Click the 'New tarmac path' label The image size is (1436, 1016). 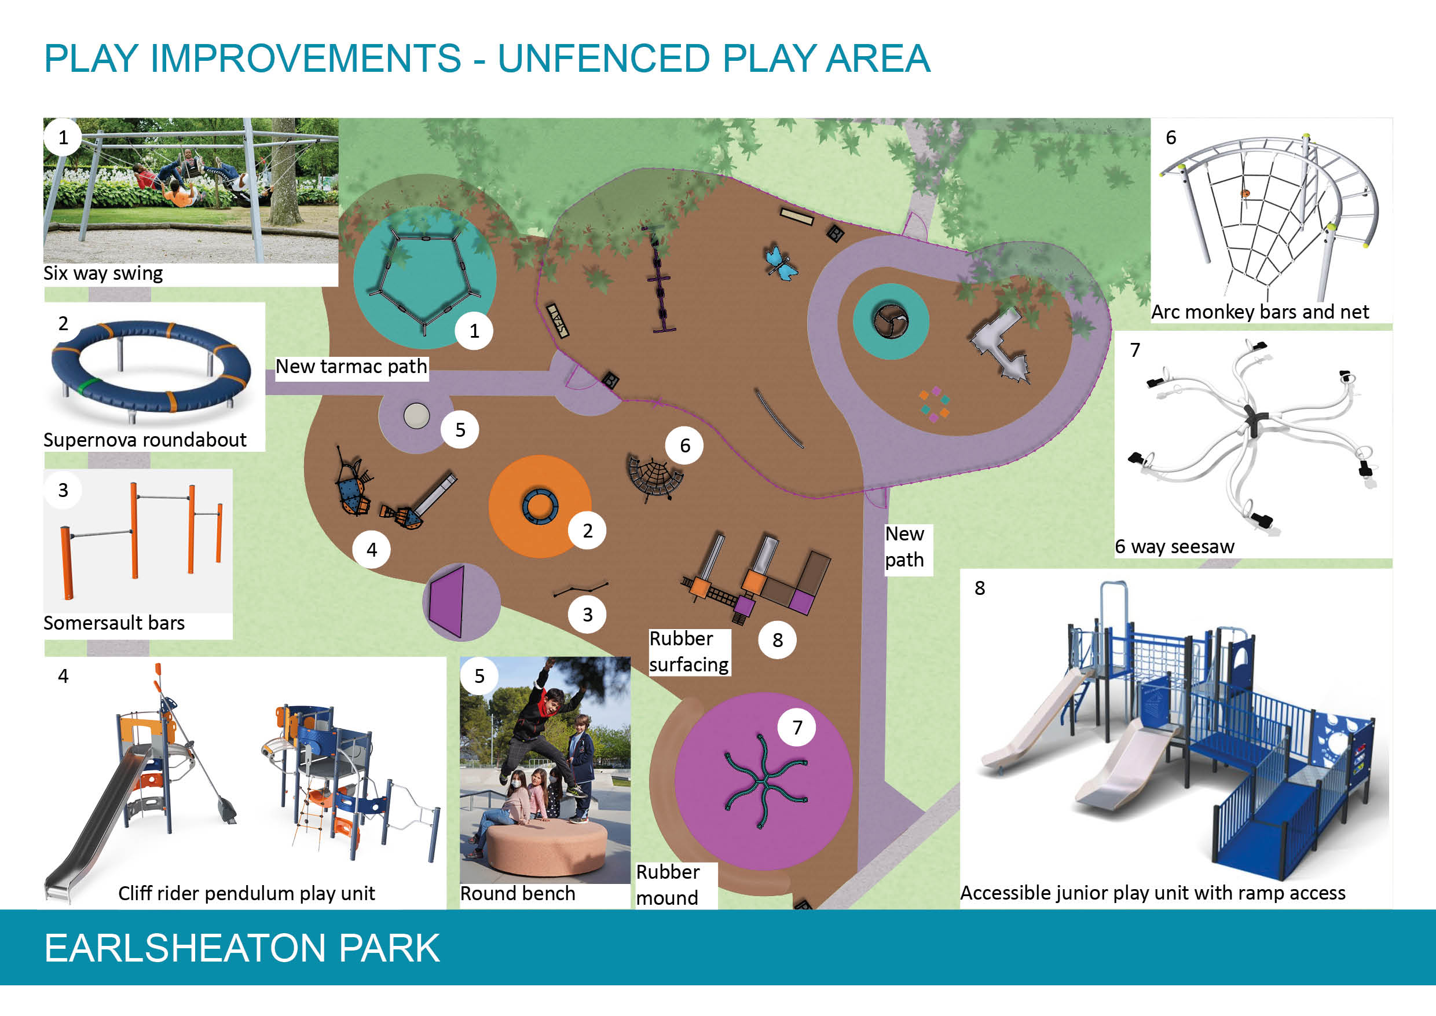(351, 366)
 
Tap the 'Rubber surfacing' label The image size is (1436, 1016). (688, 651)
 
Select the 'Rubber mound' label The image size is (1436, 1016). (668, 885)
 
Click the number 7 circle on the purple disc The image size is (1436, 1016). (797, 727)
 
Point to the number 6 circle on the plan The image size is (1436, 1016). (685, 445)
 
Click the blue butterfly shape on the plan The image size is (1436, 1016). (781, 262)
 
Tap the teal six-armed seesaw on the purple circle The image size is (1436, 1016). (765, 782)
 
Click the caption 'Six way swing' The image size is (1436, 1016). (103, 273)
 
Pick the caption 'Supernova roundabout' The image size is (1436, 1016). (145, 440)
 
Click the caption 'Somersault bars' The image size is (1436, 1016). (114, 623)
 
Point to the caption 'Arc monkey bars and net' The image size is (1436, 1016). (1260, 312)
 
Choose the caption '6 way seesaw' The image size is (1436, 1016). (1175, 547)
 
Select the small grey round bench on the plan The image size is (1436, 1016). (416, 416)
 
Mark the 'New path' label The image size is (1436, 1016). (904, 547)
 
